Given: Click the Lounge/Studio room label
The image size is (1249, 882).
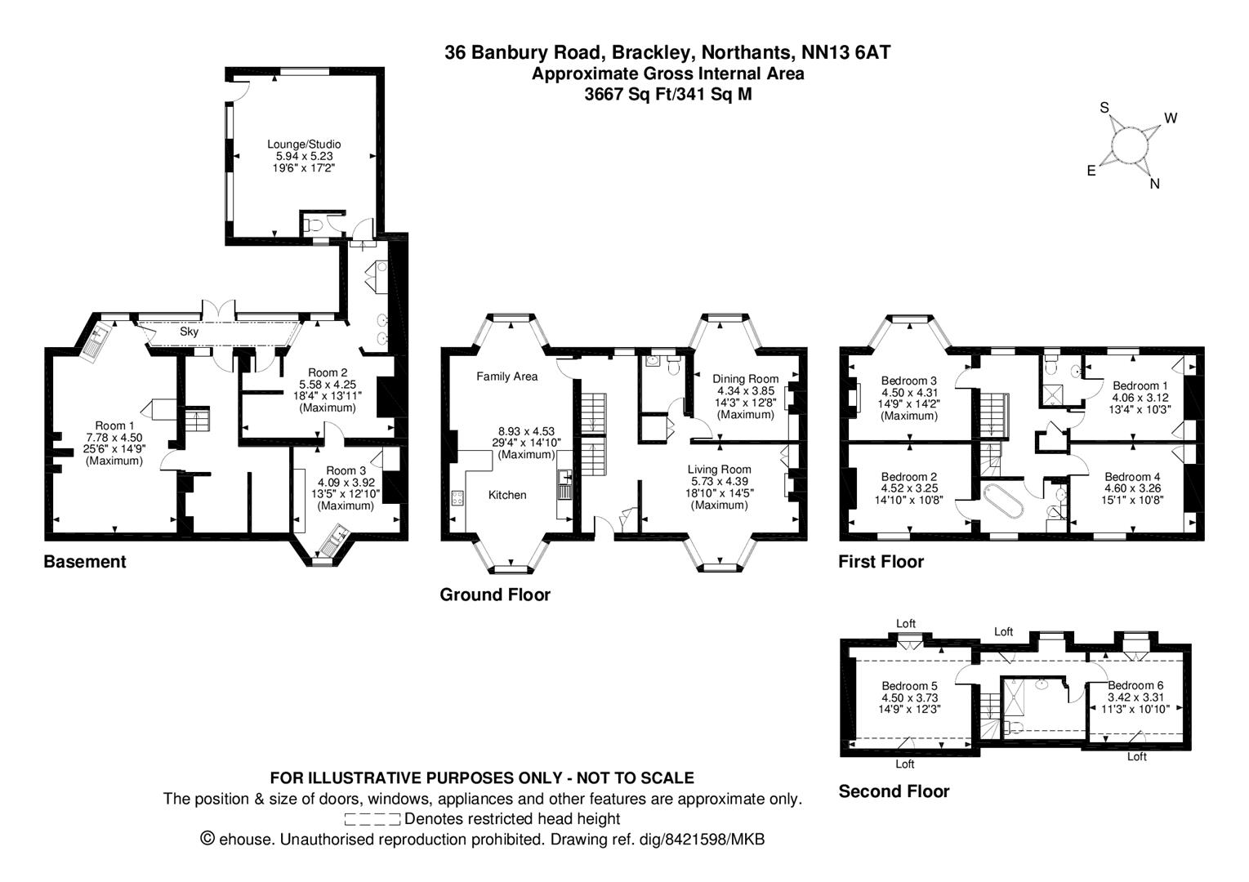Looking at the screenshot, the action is pyautogui.click(x=305, y=145).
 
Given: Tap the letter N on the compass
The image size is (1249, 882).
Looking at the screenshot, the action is pyautogui.click(x=1154, y=184).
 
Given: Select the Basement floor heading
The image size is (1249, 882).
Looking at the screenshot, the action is pyautogui.click(x=85, y=562).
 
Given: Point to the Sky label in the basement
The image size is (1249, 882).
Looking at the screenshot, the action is pyautogui.click(x=189, y=332).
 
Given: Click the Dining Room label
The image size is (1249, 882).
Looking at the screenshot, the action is pyautogui.click(x=745, y=379).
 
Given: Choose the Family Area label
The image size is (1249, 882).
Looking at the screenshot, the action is pyautogui.click(x=507, y=376).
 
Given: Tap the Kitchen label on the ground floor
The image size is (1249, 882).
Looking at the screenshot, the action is pyautogui.click(x=507, y=495).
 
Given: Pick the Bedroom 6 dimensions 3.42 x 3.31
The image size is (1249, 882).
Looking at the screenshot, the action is pyautogui.click(x=1135, y=697).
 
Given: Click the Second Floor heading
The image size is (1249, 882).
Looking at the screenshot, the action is pyautogui.click(x=894, y=791).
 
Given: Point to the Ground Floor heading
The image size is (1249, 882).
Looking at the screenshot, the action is pyautogui.click(x=495, y=595).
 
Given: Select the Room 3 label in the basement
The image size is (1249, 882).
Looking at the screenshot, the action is pyautogui.click(x=346, y=470).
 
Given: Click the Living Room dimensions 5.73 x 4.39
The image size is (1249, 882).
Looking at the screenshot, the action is pyautogui.click(x=719, y=481).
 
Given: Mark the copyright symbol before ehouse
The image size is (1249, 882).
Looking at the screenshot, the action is pyautogui.click(x=207, y=839).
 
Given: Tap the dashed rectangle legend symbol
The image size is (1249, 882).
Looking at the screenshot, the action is pyautogui.click(x=372, y=819).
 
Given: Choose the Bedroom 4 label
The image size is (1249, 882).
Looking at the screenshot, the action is pyautogui.click(x=1132, y=477).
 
